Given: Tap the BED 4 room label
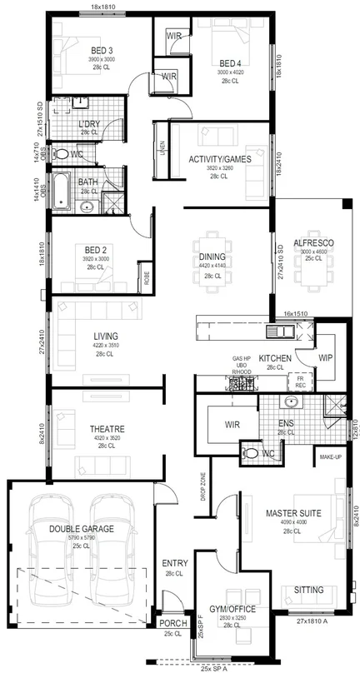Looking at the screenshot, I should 230,62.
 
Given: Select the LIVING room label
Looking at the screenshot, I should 106,336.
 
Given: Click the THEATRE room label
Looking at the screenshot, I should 106,429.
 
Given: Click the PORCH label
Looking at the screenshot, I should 173,622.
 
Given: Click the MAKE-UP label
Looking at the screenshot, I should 327,457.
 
